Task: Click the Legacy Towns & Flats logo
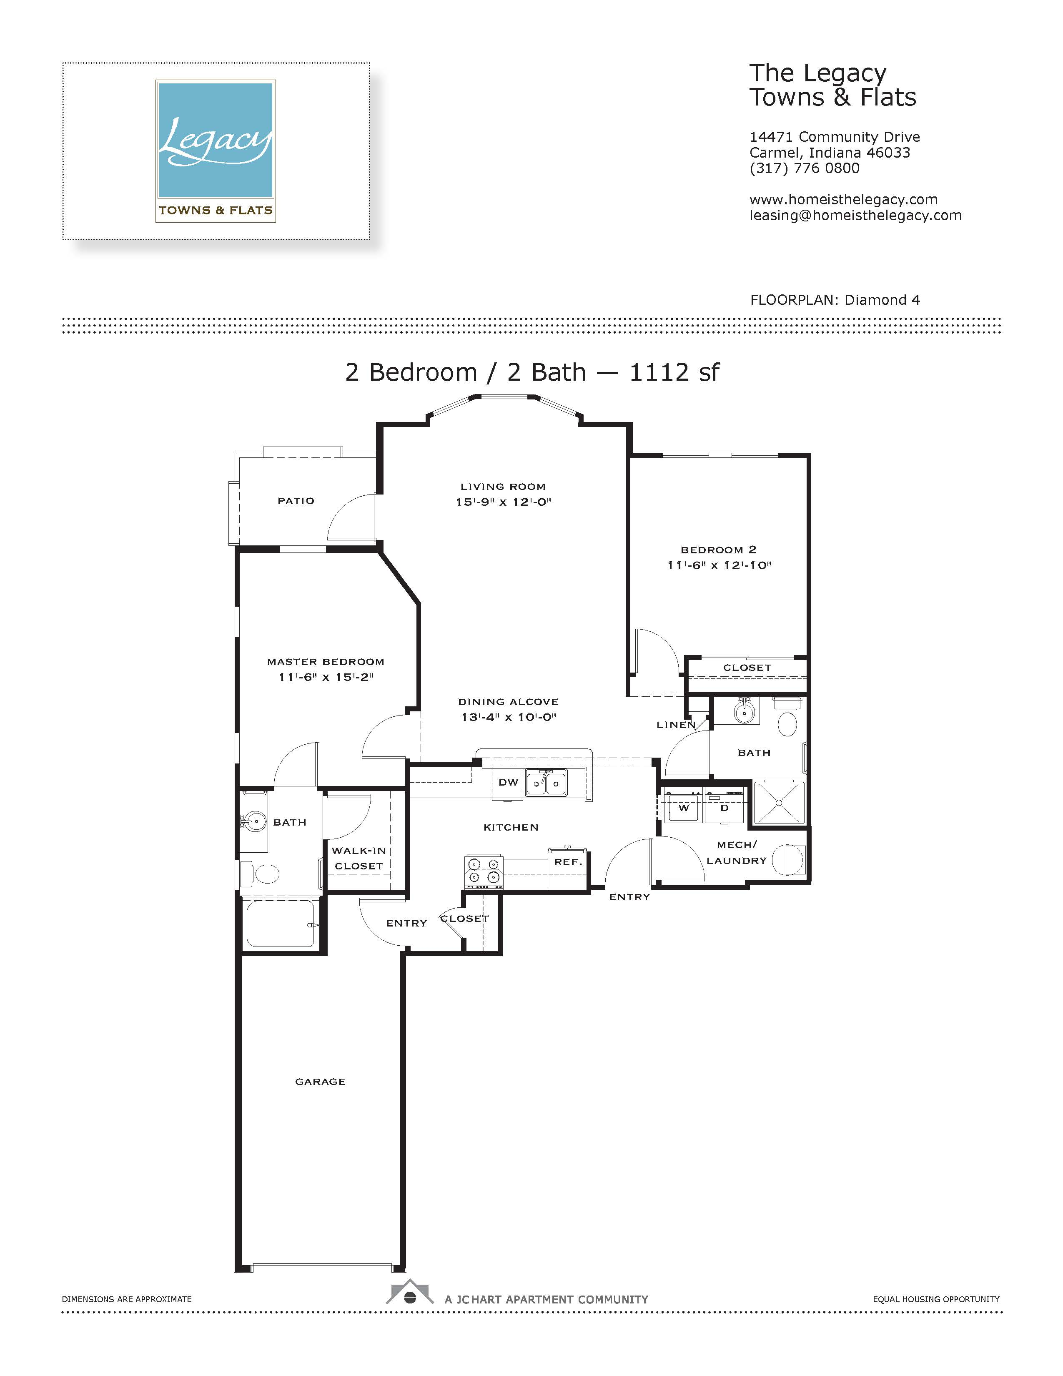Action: [x=216, y=151]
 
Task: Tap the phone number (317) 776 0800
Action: [x=804, y=168]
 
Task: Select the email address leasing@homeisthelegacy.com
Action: [x=855, y=216]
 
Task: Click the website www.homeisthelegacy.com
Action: [x=843, y=200]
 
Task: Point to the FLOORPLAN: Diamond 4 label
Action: [x=835, y=300]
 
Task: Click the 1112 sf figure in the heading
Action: [x=674, y=372]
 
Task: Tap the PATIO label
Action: [x=296, y=501]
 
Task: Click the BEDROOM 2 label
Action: [x=719, y=550]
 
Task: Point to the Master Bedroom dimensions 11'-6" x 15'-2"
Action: [x=326, y=677]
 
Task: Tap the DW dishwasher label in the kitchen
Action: [x=508, y=783]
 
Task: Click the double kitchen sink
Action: [x=546, y=783]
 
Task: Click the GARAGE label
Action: [x=321, y=1082]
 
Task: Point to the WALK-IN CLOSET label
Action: [x=359, y=858]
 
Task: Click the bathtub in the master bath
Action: [x=281, y=924]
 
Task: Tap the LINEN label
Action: [x=676, y=725]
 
